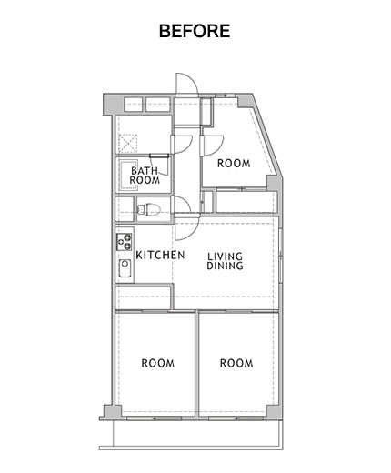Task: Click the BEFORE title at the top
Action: [195, 31]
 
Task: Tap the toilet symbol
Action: [148, 209]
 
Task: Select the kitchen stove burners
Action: [125, 242]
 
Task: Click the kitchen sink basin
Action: [125, 268]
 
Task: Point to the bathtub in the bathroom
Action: [129, 176]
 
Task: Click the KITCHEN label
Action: [160, 255]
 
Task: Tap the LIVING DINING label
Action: [225, 261]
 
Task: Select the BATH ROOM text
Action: [145, 176]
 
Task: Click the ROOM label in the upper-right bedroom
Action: [234, 164]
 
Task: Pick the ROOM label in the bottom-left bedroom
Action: [158, 363]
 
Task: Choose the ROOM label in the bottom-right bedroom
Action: [236, 363]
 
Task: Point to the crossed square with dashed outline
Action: [127, 143]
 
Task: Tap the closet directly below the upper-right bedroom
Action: [246, 202]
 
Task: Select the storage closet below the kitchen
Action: [143, 297]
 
